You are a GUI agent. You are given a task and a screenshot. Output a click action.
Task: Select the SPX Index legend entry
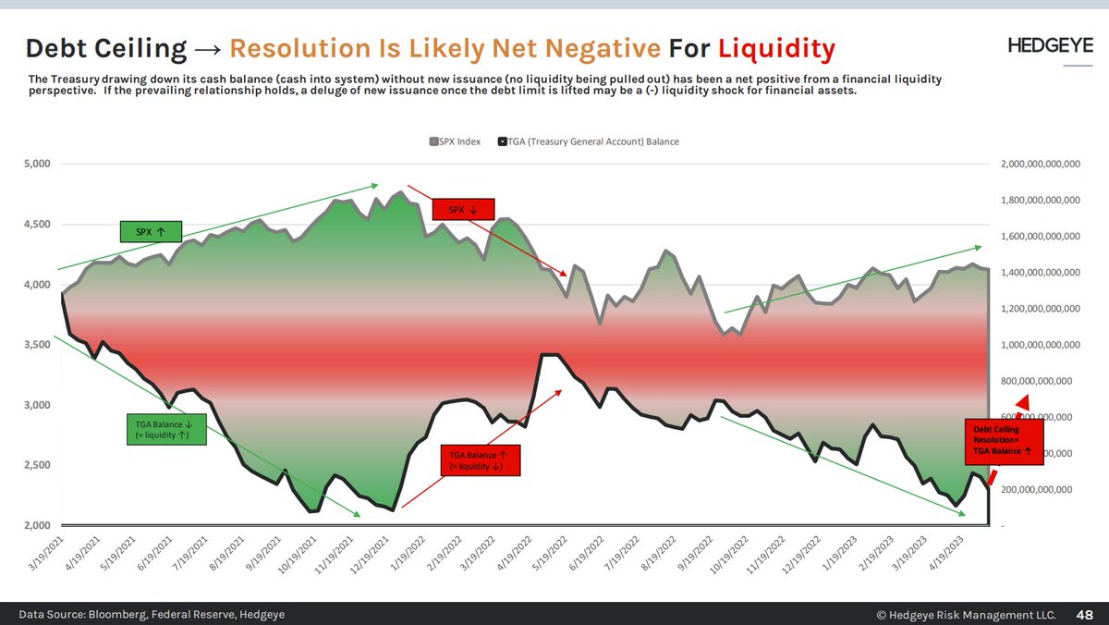tap(454, 141)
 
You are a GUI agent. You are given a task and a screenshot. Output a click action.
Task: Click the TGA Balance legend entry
tap(588, 141)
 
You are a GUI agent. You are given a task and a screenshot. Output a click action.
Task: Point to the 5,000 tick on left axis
tap(38, 165)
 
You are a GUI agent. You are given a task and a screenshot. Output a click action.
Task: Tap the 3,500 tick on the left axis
tap(38, 345)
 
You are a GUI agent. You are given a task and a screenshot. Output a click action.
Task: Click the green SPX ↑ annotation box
tap(151, 231)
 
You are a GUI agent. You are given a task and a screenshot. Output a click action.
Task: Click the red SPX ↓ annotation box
tap(463, 210)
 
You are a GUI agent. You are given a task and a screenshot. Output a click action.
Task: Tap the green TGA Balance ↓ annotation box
tap(165, 430)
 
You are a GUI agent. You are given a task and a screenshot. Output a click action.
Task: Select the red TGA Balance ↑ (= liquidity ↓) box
tap(479, 460)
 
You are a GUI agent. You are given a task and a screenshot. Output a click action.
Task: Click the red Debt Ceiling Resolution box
tap(1002, 439)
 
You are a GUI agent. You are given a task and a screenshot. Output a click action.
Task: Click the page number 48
tap(1085, 614)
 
